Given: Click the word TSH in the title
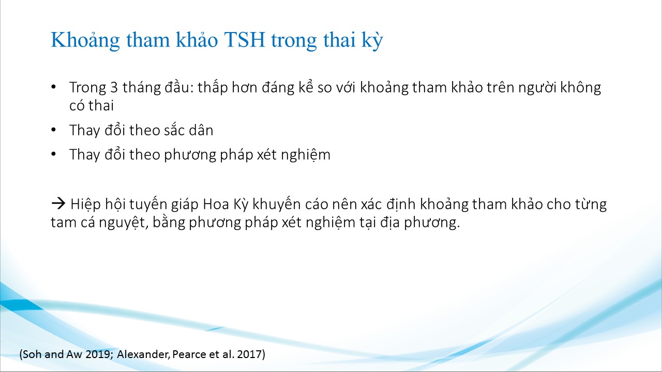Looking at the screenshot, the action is click(245, 40).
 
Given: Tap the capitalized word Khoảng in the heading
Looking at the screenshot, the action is click(85, 40).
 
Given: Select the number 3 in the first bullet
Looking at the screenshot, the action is click(114, 87).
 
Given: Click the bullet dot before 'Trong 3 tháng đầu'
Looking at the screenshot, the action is click(53, 87).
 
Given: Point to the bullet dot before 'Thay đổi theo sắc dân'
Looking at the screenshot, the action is click(53, 130).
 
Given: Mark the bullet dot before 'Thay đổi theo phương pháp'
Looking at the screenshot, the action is click(53, 154).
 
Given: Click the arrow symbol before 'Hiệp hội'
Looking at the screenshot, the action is click(58, 204).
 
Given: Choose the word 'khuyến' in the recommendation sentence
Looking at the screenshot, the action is click(277, 204).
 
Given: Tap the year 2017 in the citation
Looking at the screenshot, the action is click(250, 354).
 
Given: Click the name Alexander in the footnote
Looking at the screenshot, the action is click(143, 354).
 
